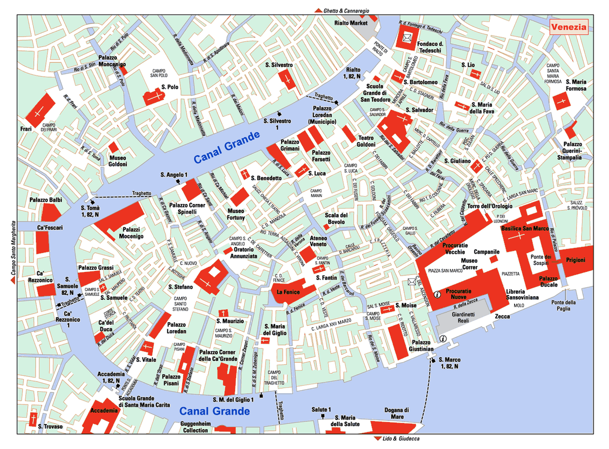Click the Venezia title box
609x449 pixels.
(569, 27)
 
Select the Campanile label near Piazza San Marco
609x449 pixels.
(487, 252)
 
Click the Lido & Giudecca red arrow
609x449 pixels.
(377, 438)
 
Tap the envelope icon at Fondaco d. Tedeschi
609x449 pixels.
(407, 37)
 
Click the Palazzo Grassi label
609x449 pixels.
(95, 267)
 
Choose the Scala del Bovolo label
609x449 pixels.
(336, 219)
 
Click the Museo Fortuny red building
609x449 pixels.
(240, 196)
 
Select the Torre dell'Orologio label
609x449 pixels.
(490, 206)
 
